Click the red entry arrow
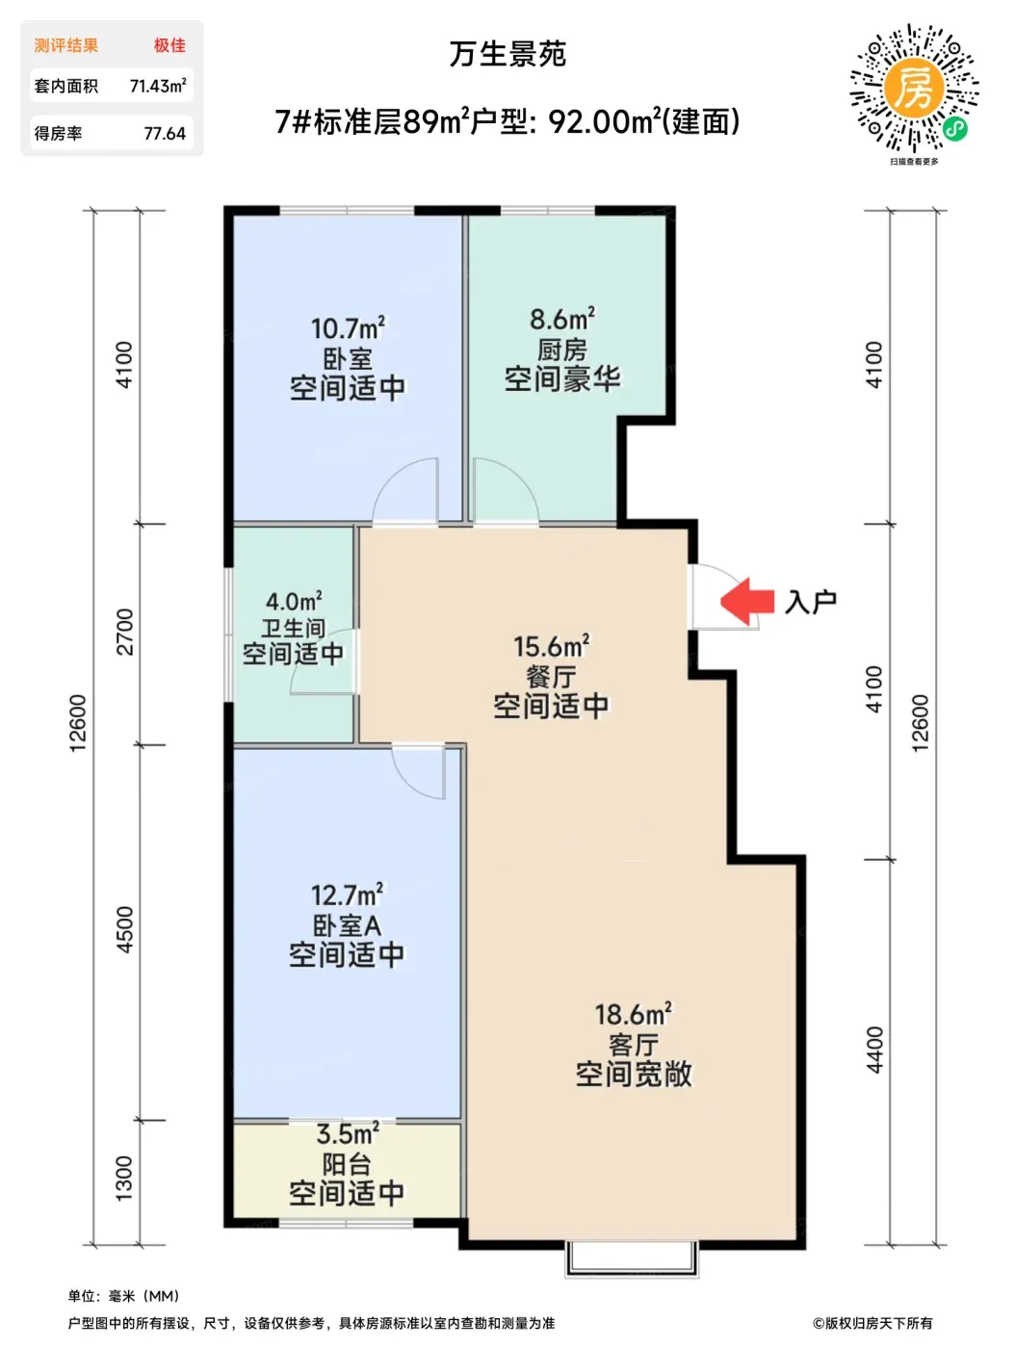coord(745,600)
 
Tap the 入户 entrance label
coord(810,601)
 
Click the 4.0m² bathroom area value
coord(294,601)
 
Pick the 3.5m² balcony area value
coord(347,1133)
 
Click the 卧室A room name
coord(347,925)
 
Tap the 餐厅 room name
coord(551,677)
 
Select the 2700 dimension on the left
coord(124,632)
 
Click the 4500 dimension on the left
coord(124,930)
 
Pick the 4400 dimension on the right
coord(874,1050)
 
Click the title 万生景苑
coord(508,54)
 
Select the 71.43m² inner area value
coord(158,86)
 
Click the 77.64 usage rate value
coord(165,133)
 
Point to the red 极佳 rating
coord(169,45)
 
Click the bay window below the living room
coord(632,1257)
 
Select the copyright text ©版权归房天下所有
coord(873,1323)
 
